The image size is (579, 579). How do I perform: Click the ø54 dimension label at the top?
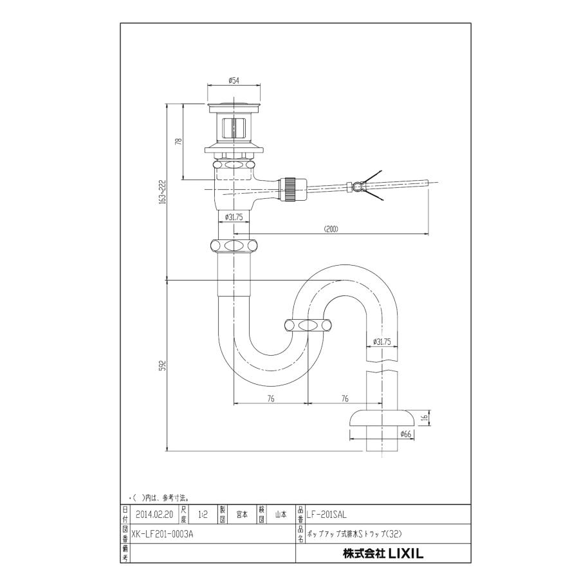point(234,80)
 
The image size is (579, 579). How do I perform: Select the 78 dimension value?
point(179,142)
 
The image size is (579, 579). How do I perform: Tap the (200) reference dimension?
point(331,228)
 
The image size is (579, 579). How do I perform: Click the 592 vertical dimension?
point(163,365)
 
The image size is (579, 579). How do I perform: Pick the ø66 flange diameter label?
point(405,434)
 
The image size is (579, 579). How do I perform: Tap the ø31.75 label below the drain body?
point(234,217)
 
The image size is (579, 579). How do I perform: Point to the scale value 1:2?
point(203,515)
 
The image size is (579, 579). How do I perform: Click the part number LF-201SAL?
point(327,515)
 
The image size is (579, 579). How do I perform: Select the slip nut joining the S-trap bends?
point(308,326)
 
